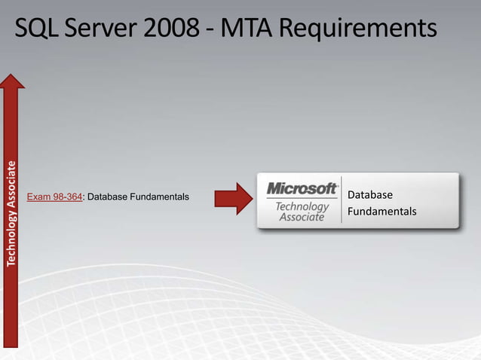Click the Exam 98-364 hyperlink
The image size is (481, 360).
(54, 197)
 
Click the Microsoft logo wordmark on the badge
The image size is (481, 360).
(302, 188)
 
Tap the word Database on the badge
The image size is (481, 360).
(370, 195)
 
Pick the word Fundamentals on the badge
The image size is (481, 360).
(381, 212)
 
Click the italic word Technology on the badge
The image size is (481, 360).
(302, 206)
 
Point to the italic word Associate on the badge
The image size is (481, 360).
(302, 217)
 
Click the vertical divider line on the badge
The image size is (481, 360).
(342, 200)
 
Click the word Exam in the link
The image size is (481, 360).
(38, 197)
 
